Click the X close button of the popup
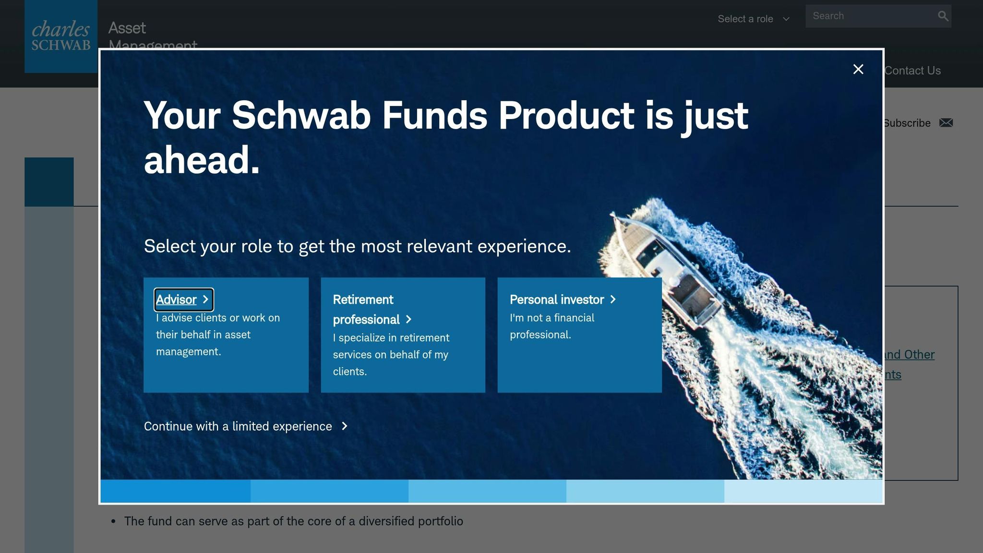click(858, 70)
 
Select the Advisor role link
click(176, 300)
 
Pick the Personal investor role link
click(556, 300)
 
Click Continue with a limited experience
click(238, 426)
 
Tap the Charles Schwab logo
click(61, 36)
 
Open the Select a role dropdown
click(753, 19)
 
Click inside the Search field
click(869, 16)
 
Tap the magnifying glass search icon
click(943, 16)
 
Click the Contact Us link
click(912, 71)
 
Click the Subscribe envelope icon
click(946, 123)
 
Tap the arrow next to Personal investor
click(613, 300)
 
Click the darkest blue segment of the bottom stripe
click(175, 491)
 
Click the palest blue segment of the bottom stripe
click(803, 491)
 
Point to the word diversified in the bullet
click(386, 521)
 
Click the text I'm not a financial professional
click(552, 326)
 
